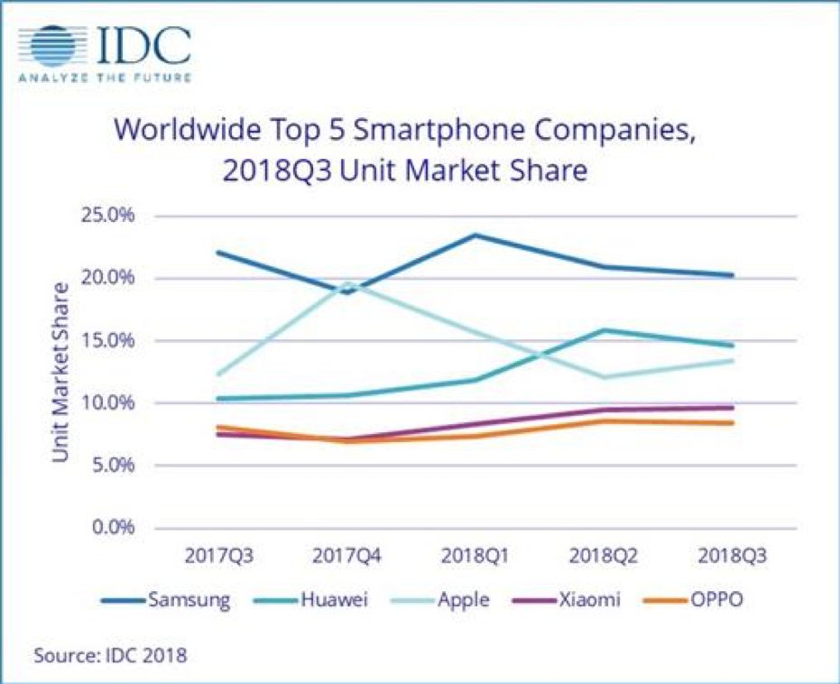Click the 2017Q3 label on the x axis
(219, 555)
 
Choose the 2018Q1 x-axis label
(475, 555)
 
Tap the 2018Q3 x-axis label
(732, 555)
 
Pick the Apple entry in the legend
(461, 600)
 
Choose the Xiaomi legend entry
(586, 600)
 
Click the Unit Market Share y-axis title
(60, 372)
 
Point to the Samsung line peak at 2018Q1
(475, 236)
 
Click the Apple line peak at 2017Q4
(347, 282)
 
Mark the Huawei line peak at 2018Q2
(604, 330)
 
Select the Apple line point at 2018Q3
(732, 361)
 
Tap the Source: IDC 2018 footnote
(110, 655)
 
